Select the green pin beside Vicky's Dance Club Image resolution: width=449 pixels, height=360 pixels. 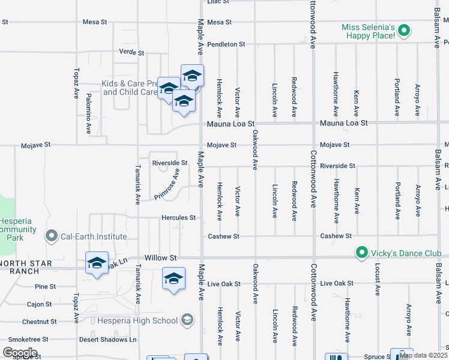click(361, 253)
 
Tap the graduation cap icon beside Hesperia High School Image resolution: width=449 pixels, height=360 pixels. click(188, 320)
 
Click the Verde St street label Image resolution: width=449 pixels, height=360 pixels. click(131, 53)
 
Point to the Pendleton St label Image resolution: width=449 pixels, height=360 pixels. click(226, 44)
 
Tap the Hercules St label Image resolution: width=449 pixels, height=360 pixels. click(178, 218)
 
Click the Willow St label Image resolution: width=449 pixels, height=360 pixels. click(164, 258)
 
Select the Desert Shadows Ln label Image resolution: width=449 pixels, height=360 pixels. click(108, 340)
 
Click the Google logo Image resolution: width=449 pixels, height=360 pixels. click(20, 352)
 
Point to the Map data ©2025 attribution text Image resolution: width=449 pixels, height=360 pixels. click(423, 355)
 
